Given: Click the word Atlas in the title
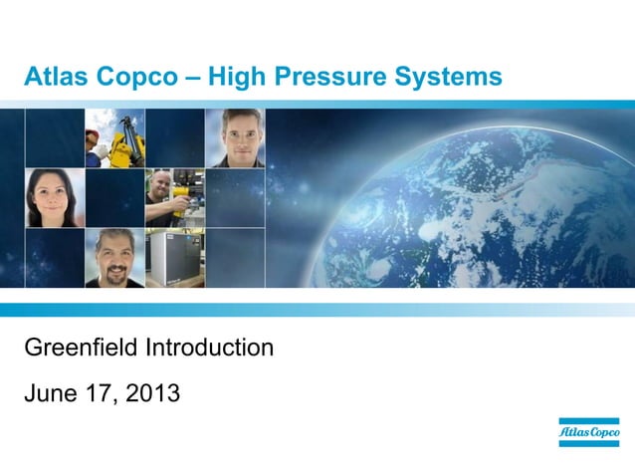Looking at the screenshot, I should pyautogui.click(x=55, y=76).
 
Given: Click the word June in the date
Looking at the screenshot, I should pyautogui.click(x=52, y=394).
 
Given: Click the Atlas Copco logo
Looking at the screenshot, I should pyautogui.click(x=588, y=432).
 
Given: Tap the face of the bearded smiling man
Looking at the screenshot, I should pyautogui.click(x=113, y=259).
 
